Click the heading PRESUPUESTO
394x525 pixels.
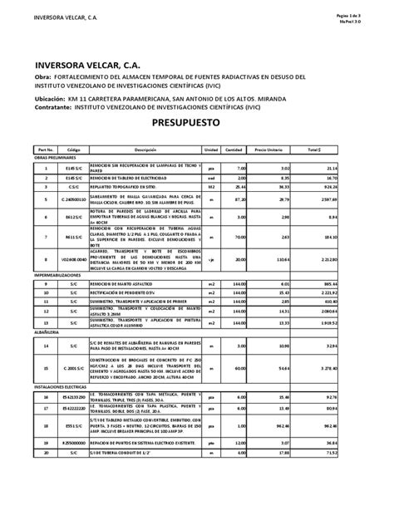coord(197,121)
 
